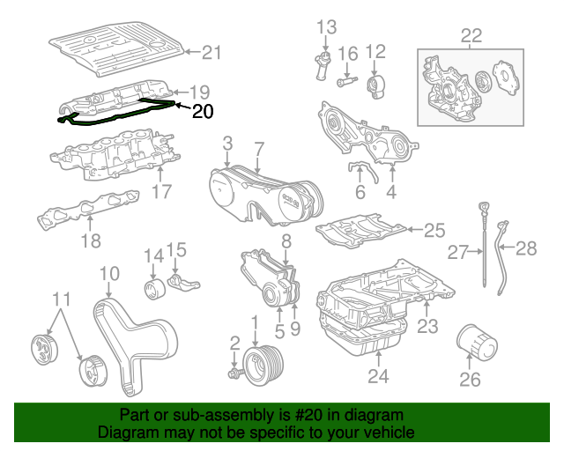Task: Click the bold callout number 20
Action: [202, 111]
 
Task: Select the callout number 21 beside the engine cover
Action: [212, 53]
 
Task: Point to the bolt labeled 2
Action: [234, 373]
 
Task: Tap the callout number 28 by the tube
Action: [525, 248]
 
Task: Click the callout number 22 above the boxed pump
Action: [471, 35]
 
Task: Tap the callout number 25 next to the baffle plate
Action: [434, 231]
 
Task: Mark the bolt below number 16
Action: [345, 83]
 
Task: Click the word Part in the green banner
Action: [137, 415]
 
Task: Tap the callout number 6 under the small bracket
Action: [360, 192]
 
